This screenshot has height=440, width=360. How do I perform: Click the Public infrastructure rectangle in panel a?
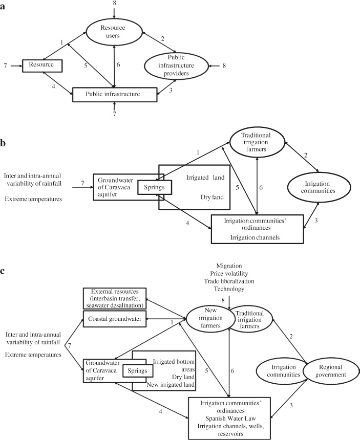pyautogui.click(x=114, y=94)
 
